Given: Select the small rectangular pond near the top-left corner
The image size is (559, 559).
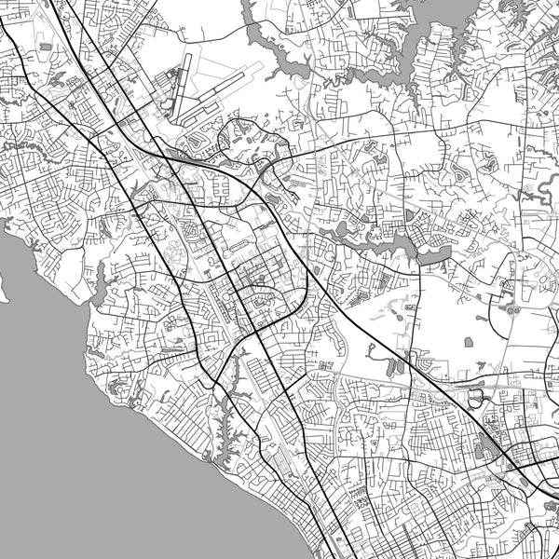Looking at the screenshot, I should coord(44,45).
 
